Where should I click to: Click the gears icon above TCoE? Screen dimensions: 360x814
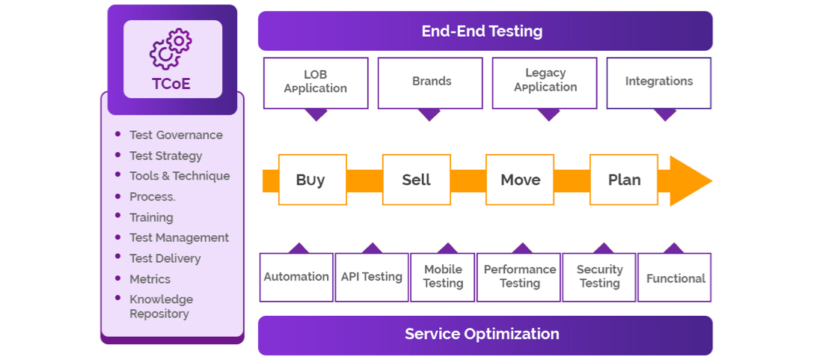tap(171, 49)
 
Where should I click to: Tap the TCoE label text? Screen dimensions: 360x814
tap(171, 83)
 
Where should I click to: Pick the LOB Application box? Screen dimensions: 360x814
tap(316, 82)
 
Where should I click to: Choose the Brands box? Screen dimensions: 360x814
tap(431, 82)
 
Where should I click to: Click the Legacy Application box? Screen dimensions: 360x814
tap(545, 81)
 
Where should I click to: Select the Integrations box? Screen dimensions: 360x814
tap(658, 82)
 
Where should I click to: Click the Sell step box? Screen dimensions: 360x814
tap(416, 180)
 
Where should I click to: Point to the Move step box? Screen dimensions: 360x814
tap(520, 180)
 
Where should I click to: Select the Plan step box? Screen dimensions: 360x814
tap(624, 180)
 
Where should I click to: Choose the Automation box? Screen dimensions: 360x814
tap(296, 277)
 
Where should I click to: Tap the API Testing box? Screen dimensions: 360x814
tap(371, 277)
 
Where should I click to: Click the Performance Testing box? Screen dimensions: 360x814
tap(519, 277)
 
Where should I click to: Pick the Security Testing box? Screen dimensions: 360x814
tap(599, 277)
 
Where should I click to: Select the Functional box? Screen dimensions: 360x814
tap(675, 278)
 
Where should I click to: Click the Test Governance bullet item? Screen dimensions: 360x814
tap(176, 135)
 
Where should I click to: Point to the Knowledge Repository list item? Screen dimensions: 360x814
tap(161, 307)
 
